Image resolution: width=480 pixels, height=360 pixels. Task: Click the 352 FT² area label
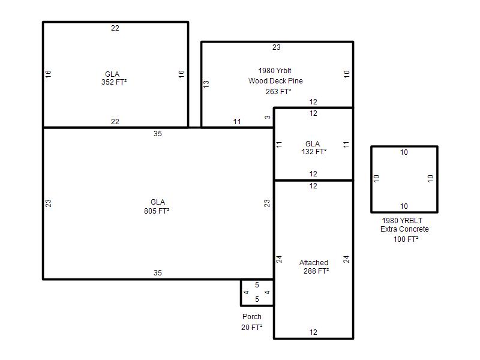114,82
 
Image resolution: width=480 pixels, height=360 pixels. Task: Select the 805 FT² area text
157,211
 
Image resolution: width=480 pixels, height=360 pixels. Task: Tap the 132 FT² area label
314,152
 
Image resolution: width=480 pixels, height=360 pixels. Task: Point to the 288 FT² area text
316,271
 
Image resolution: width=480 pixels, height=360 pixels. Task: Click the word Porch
252,317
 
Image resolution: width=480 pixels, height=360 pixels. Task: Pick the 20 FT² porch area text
251,327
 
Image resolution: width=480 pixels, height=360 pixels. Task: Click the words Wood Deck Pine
275,81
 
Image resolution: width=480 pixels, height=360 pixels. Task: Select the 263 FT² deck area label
278,92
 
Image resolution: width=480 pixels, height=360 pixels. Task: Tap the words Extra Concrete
404,229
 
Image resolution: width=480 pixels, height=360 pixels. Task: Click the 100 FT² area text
406,239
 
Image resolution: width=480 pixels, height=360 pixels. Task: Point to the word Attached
313,263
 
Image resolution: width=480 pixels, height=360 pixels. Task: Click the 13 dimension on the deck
206,84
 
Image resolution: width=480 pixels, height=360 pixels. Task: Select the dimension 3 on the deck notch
268,117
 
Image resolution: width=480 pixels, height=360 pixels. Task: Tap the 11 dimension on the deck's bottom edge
237,122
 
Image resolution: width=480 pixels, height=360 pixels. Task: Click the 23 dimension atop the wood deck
277,47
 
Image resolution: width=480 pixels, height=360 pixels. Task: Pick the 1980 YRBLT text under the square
402,220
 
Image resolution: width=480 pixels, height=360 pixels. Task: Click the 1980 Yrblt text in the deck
275,71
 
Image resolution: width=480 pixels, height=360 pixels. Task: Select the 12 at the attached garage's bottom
313,332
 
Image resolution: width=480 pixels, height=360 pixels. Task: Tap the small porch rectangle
241,292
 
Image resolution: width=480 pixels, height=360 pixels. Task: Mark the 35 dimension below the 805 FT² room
158,273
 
